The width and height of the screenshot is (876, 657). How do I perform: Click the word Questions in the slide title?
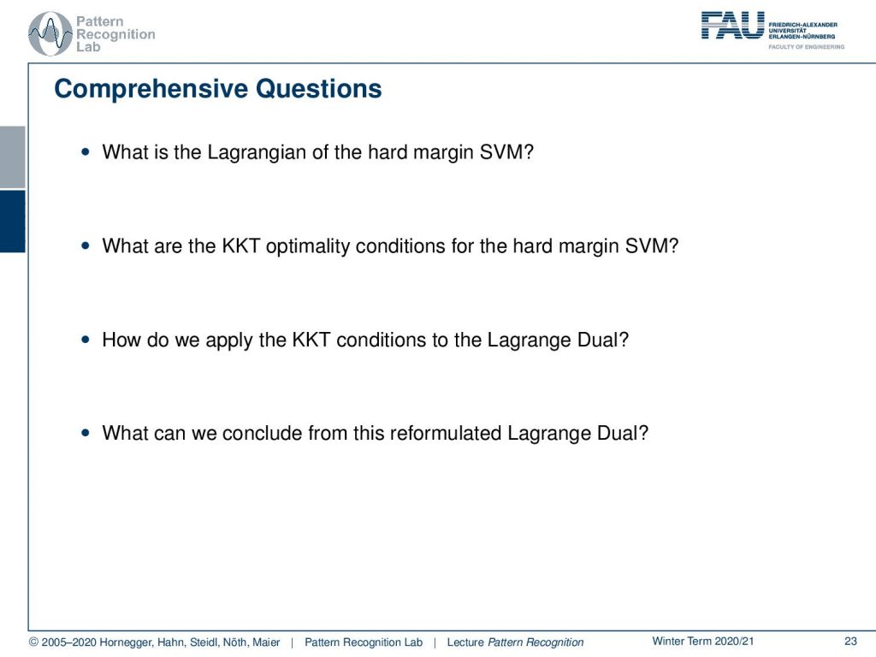click(x=318, y=89)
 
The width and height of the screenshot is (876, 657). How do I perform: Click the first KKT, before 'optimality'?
click(x=241, y=246)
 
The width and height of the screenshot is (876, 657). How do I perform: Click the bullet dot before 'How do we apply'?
click(x=85, y=339)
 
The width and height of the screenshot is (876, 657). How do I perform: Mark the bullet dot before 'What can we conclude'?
click(x=85, y=432)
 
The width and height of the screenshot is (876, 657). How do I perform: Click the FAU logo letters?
click(x=732, y=26)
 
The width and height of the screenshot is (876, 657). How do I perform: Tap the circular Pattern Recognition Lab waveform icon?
click(x=50, y=34)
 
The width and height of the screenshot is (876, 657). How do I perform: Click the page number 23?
click(x=850, y=642)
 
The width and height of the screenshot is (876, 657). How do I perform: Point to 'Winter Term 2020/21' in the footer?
click(x=703, y=642)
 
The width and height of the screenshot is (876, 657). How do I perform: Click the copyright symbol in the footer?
click(x=33, y=642)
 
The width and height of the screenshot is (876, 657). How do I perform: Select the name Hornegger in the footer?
click(x=127, y=642)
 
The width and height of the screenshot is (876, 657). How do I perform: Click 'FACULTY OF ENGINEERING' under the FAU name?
click(x=806, y=47)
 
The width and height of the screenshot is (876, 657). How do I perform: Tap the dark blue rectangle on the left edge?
click(x=12, y=222)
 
